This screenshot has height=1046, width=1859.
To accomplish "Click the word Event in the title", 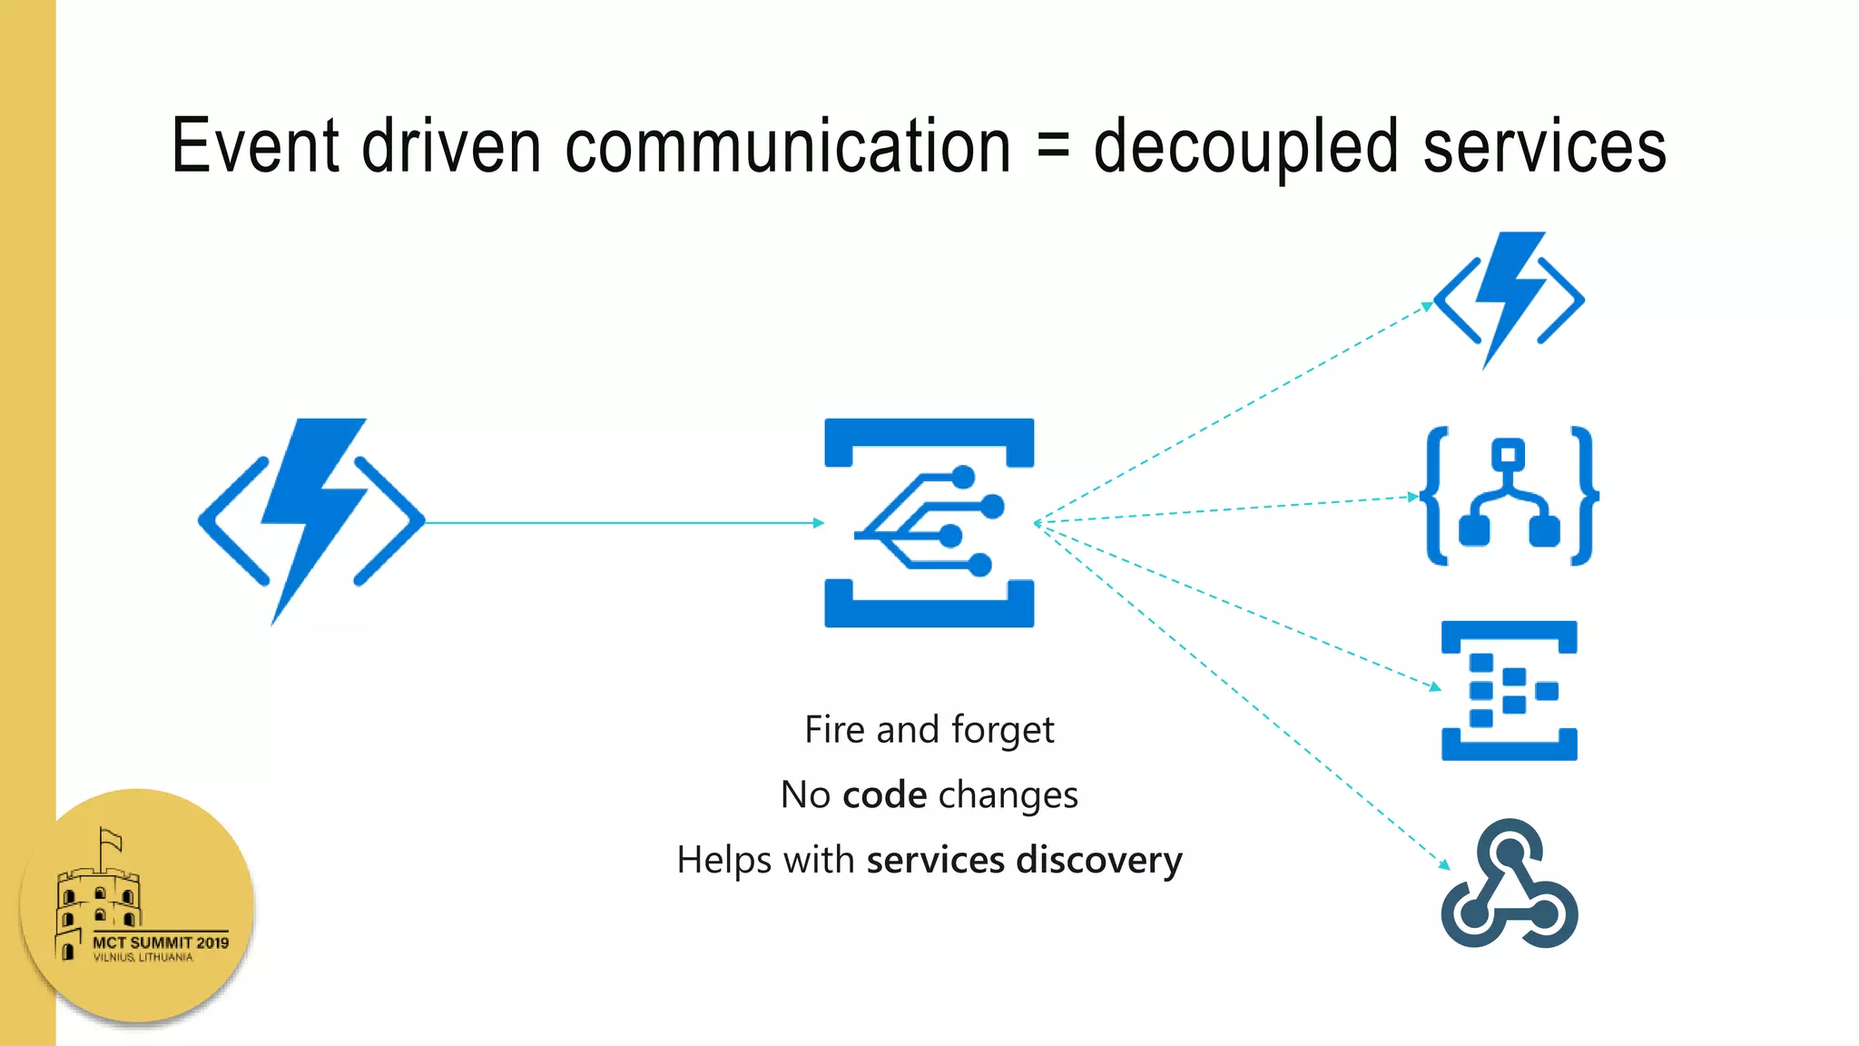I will [x=255, y=146].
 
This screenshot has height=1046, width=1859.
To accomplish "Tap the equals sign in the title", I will [x=1052, y=148].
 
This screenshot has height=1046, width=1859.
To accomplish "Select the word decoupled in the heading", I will [x=1245, y=148].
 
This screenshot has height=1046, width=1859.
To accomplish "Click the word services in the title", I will [x=1544, y=148].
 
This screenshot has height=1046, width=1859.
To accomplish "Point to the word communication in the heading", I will [x=787, y=146].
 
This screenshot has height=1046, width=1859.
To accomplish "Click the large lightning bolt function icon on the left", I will [x=311, y=520].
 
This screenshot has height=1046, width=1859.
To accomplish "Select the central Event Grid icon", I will [x=929, y=522].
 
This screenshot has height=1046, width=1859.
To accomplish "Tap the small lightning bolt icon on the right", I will [x=1509, y=300].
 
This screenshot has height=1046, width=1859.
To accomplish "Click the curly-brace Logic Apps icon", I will [x=1509, y=496].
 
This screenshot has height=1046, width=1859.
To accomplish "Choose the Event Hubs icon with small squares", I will [x=1509, y=690].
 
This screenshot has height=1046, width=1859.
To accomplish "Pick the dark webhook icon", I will [x=1509, y=885].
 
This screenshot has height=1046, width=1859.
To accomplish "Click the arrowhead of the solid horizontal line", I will [x=819, y=523].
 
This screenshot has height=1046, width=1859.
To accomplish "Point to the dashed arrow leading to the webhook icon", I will [x=1244, y=695].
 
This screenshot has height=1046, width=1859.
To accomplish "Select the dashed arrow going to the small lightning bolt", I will [x=1234, y=413].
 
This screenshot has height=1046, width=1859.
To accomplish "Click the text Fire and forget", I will [x=929, y=730].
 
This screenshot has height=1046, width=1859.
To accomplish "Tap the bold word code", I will [x=884, y=795].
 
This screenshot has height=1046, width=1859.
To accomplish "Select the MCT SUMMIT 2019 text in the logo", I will [x=161, y=942].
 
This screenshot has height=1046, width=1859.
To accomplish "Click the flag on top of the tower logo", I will [x=111, y=839].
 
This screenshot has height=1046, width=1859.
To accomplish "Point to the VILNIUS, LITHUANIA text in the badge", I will [x=143, y=958].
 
